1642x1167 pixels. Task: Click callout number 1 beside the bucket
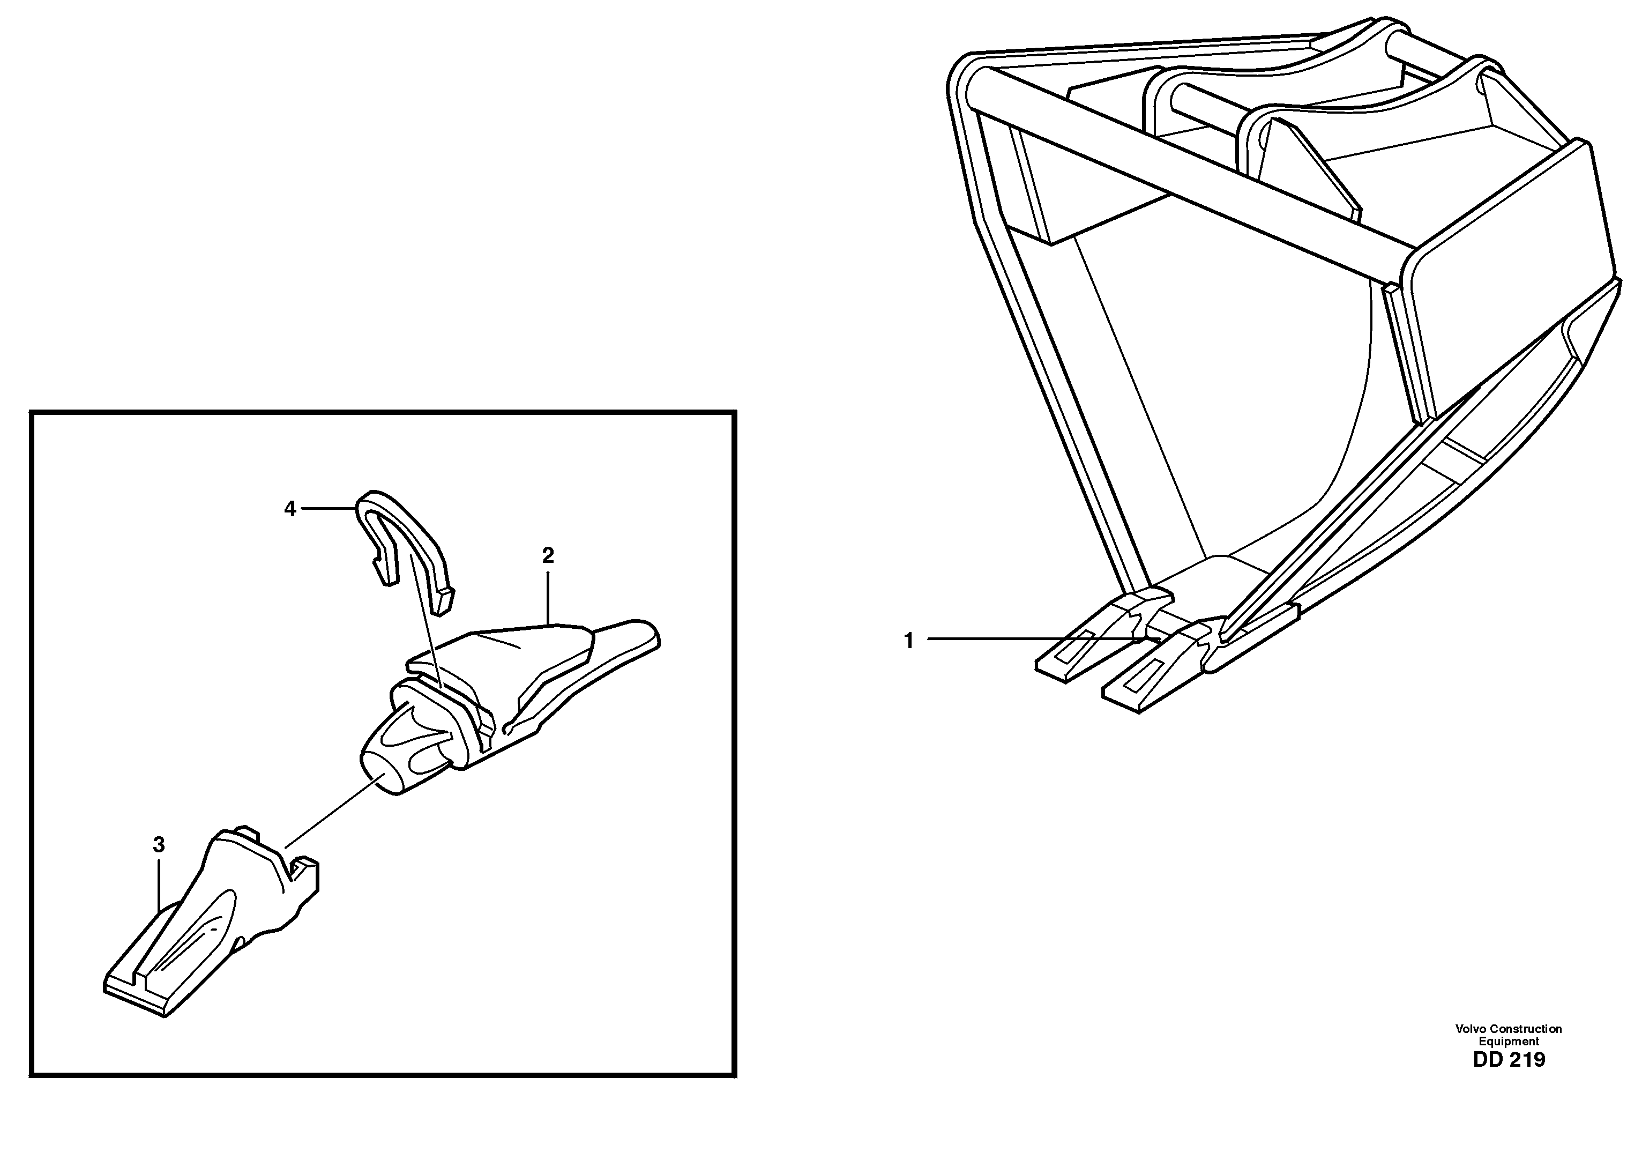(909, 640)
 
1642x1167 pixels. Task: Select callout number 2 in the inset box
(548, 555)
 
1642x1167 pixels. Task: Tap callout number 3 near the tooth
(159, 844)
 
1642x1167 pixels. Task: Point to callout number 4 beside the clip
(289, 509)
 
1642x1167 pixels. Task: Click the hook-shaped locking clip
(406, 539)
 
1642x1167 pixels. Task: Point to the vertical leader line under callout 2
(548, 597)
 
